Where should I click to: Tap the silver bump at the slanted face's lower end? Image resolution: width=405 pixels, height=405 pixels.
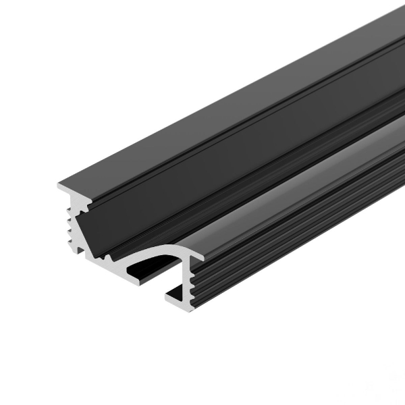click(x=108, y=257)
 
